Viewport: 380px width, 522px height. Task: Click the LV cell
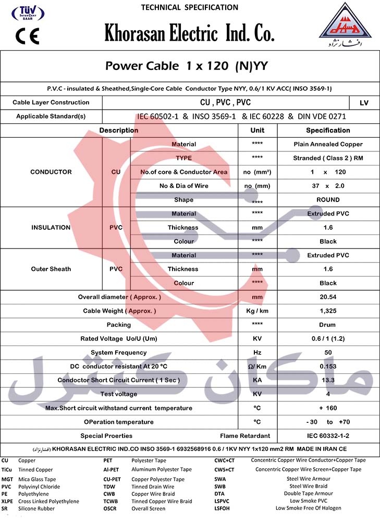pyautogui.click(x=364, y=103)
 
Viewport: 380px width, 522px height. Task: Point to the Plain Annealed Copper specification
pyautogui.click(x=328, y=144)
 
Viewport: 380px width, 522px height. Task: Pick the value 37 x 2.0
pyautogui.click(x=328, y=186)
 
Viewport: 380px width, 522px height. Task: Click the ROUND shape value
pyautogui.click(x=328, y=200)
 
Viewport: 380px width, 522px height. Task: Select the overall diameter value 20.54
pyautogui.click(x=328, y=297)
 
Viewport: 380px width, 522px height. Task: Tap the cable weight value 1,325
pyautogui.click(x=328, y=311)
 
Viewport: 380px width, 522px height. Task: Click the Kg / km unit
pyautogui.click(x=257, y=311)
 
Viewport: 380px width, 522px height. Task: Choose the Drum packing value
pyautogui.click(x=328, y=325)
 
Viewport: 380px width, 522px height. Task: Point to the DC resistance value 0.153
pyautogui.click(x=328, y=366)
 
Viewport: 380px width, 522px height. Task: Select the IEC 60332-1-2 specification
pyautogui.click(x=328, y=436)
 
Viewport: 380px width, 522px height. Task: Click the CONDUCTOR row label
pyautogui.click(x=51, y=172)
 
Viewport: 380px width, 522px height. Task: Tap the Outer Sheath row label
pyautogui.click(x=51, y=269)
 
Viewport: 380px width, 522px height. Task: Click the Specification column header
pyautogui.click(x=328, y=130)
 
